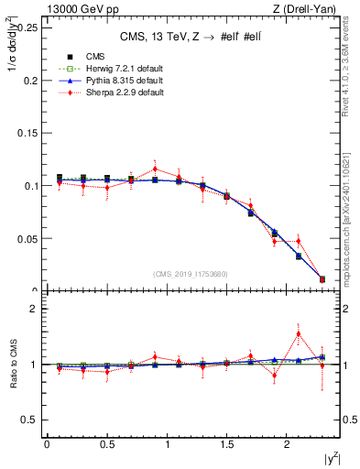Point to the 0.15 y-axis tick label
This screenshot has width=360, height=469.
pyautogui.click(x=27, y=133)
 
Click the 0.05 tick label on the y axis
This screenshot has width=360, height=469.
pyautogui.click(x=27, y=238)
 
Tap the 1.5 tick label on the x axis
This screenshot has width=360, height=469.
pyautogui.click(x=226, y=444)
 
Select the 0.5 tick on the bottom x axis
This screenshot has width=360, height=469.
pyautogui.click(x=106, y=444)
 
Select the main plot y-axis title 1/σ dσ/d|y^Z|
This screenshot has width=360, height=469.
pyautogui.click(x=12, y=54)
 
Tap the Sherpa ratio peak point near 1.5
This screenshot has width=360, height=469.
pyautogui.click(x=299, y=333)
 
